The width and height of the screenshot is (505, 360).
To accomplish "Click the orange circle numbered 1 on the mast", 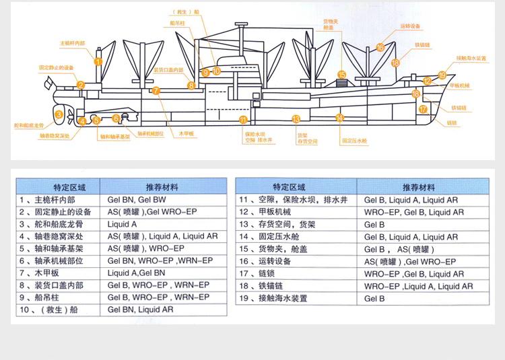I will pyautogui.click(x=98, y=61).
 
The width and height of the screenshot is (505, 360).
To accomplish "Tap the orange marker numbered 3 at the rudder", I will pyautogui.click(x=59, y=114).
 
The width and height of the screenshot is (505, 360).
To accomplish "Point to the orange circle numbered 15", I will pyautogui.click(x=341, y=75).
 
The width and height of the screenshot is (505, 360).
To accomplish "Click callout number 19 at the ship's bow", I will pyautogui.click(x=442, y=75).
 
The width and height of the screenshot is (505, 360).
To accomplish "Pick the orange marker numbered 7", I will pyautogui.click(x=156, y=90).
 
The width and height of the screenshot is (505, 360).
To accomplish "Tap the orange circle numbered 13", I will pyautogui.click(x=296, y=118).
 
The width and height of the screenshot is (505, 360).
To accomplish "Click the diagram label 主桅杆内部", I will pyautogui.click(x=73, y=43).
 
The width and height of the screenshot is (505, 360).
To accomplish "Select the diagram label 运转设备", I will pyautogui.click(x=409, y=26).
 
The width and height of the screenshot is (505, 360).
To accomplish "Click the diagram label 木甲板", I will pyautogui.click(x=186, y=134).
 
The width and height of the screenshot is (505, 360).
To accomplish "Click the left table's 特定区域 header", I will pyautogui.click(x=57, y=187).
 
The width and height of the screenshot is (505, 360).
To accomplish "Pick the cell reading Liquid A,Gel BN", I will pyautogui.click(x=136, y=273).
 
